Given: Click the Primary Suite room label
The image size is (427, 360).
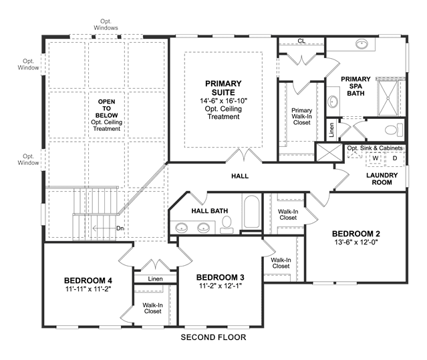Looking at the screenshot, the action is coord(223,87).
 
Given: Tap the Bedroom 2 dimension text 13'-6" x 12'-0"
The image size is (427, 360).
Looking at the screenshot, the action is coord(356,242).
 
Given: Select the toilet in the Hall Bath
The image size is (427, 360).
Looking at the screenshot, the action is coord(227,225).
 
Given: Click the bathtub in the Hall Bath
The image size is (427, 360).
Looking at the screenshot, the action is coord(251,212).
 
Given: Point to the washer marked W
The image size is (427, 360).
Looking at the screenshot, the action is coord(376,158).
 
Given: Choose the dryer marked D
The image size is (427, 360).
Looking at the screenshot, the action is coord(395,158).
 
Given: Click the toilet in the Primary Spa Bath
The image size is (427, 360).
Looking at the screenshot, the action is coord(394,130).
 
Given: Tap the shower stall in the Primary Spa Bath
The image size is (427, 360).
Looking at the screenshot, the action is coord(389,98).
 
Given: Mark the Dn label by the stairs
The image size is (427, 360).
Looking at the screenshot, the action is coord(120,228).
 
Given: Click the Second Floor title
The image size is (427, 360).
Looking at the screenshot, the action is coord(213,337).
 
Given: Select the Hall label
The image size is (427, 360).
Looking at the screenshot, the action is coord(240,176).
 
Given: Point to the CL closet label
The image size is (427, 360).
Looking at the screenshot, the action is coord(301,41).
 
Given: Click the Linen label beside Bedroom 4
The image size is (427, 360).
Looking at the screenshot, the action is coord(156,279).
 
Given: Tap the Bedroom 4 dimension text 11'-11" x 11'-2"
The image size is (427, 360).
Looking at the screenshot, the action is coord(88,289).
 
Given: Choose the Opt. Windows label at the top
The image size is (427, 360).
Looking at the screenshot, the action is coord(106,25).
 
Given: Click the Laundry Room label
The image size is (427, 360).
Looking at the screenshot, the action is coord(382,179).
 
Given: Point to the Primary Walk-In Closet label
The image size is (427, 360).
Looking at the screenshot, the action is coord(302,116).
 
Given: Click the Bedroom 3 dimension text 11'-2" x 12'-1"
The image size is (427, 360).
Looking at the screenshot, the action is coord(221,286).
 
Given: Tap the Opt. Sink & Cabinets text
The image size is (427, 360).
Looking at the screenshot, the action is coord(375,148).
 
